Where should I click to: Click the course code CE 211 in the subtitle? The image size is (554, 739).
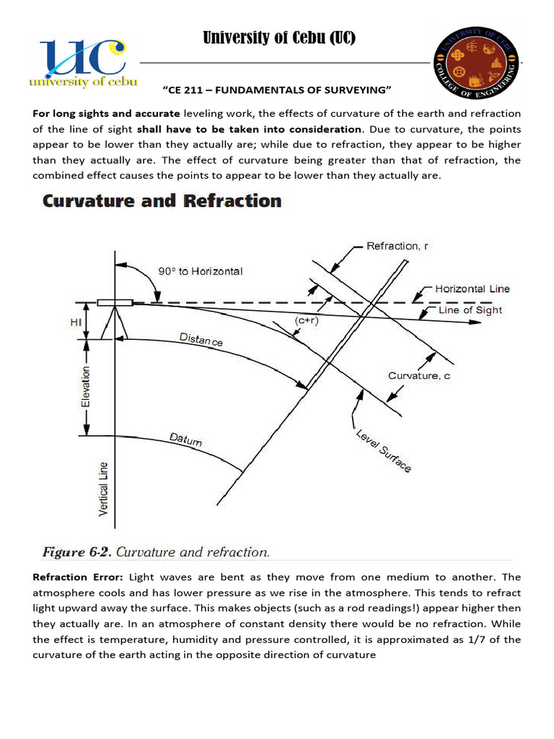[x=191, y=89]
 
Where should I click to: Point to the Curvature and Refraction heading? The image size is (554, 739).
[x=162, y=201]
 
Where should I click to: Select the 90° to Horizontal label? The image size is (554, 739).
[x=200, y=271]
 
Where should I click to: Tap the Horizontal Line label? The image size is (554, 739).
[x=472, y=289]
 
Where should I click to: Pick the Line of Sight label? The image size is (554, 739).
[x=470, y=310]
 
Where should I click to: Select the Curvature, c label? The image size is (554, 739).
[x=419, y=376]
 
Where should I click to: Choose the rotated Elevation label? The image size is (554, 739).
[x=87, y=388]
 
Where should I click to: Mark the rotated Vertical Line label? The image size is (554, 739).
[x=104, y=489]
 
